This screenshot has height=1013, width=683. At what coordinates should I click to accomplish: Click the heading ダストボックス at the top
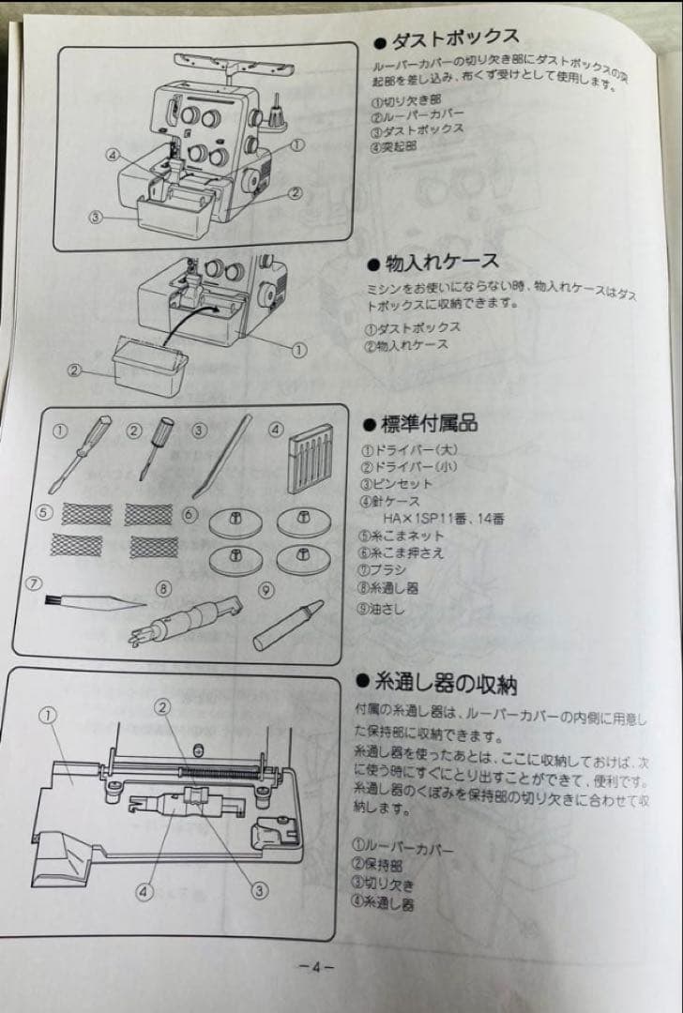445,38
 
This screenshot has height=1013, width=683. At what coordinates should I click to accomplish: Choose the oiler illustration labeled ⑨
287,625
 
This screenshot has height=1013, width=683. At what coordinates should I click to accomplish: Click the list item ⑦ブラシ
389,569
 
